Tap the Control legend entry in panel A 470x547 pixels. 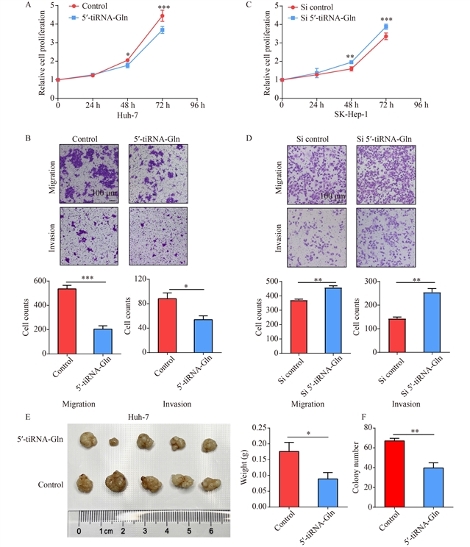[88, 7]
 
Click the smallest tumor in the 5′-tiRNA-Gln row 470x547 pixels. [113, 443]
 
